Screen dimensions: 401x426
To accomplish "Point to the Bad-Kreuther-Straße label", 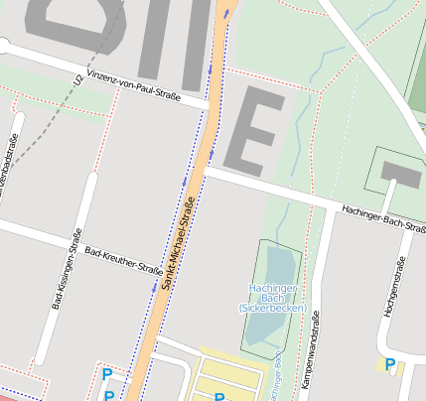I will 123,260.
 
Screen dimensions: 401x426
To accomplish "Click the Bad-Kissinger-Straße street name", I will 65,269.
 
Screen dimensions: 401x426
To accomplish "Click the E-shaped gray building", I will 253,129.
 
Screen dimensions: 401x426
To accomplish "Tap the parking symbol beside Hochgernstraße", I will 389,364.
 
